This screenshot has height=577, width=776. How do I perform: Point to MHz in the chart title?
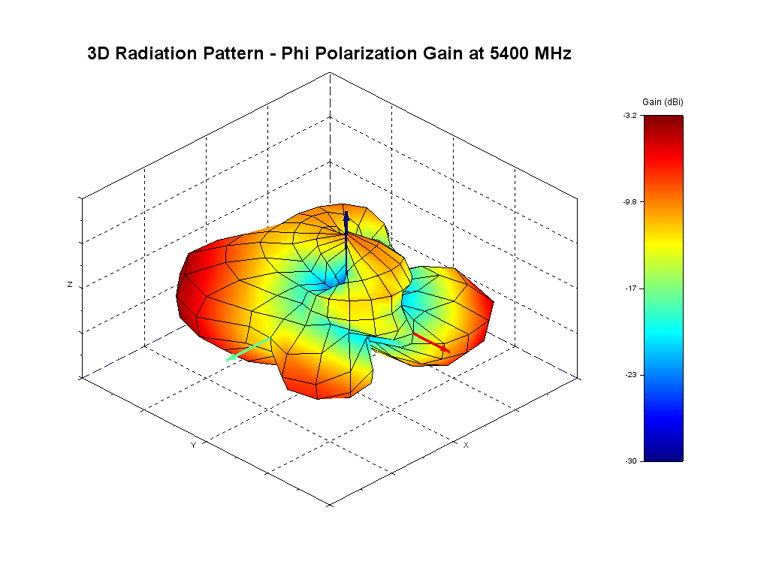551,53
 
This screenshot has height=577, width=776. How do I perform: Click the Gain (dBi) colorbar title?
663,101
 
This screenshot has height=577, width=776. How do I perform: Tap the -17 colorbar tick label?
631,288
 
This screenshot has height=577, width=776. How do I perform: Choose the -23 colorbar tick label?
631,375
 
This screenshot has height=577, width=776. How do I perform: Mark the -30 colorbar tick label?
631,461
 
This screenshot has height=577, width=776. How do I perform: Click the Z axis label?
70,285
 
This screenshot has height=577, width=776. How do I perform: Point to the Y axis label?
193,446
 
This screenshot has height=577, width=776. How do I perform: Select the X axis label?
466,446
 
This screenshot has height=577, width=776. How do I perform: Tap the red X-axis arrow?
432,342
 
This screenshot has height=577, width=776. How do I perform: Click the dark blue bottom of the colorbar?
663,454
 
